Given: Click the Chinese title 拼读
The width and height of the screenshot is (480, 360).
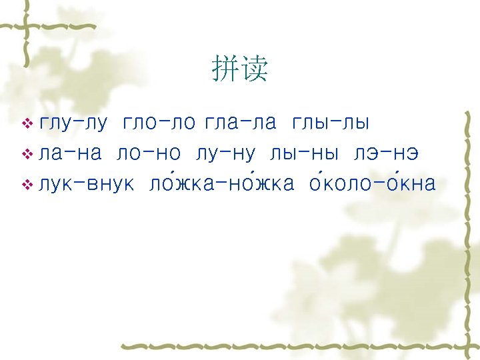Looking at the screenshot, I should tap(239, 68).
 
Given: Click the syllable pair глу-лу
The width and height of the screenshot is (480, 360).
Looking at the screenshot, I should tap(73, 124).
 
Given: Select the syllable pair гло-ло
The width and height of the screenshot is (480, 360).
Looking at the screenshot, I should tap(159, 124).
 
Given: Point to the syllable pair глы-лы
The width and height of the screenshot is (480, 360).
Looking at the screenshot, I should tap(331, 124).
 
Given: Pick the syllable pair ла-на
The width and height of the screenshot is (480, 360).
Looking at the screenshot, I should tap(70, 154).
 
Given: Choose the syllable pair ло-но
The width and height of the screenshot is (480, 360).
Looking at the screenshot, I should tap(148, 154).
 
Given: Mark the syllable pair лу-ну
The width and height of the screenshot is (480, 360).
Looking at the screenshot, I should tap(226, 154).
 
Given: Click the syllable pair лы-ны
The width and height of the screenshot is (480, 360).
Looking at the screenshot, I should tap(305, 154).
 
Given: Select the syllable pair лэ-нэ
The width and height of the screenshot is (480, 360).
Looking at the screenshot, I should tap(387, 154).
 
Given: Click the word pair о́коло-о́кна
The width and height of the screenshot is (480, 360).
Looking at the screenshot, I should tap(375, 183).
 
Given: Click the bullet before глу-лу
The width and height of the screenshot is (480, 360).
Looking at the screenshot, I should tap(27, 124).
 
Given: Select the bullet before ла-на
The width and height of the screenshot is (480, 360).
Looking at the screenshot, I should tap(27, 154).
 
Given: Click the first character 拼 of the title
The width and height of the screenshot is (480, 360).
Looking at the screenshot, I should tap(225, 68).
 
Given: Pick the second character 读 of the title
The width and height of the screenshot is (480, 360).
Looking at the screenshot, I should tap(254, 68).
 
